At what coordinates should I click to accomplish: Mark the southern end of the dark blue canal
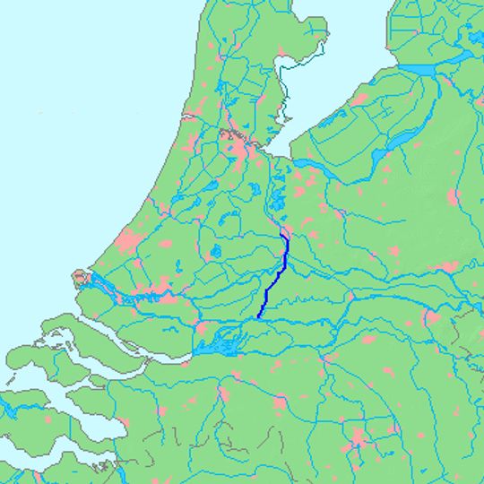coord(258,317)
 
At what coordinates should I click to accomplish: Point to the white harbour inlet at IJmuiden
coord(190,117)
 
